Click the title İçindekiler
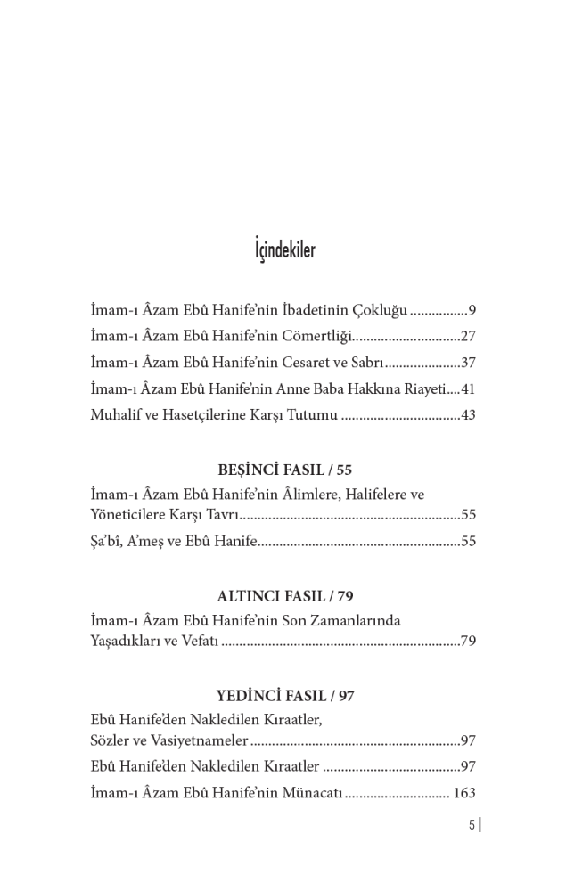pyautogui.click(x=284, y=250)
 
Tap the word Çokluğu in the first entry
pyautogui.click(x=381, y=311)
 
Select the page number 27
pyautogui.click(x=468, y=337)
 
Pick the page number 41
pyautogui.click(x=468, y=389)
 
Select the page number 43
pyautogui.click(x=468, y=415)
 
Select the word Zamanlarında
pyautogui.click(x=357, y=621)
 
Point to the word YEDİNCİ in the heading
pyautogui.click(x=247, y=696)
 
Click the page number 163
pyautogui.click(x=464, y=793)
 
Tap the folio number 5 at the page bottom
pyautogui.click(x=472, y=825)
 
